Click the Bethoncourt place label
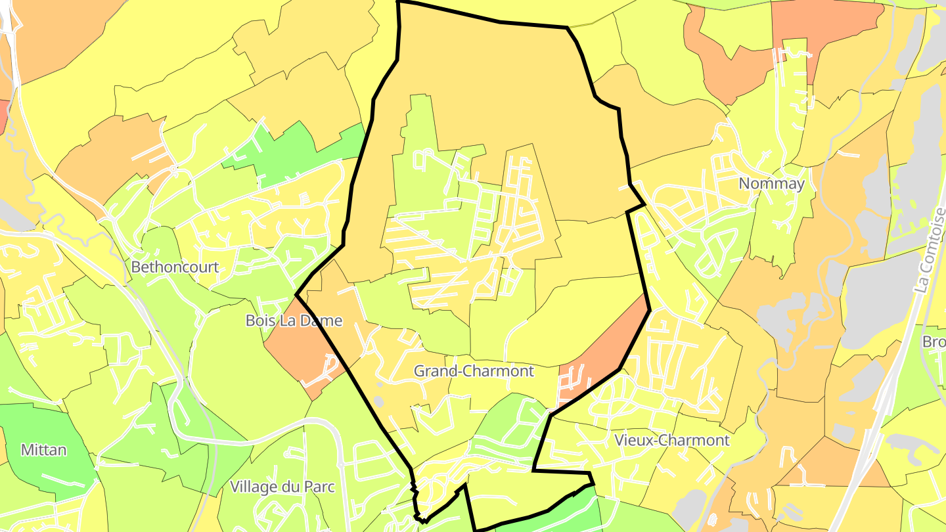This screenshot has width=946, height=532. pos(175,267)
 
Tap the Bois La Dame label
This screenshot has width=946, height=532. pos(294,321)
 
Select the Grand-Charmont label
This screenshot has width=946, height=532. pos(474,371)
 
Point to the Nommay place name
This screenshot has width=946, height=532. pos(771,184)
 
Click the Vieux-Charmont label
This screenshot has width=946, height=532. pos(671,440)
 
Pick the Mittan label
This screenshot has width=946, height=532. pos(43,450)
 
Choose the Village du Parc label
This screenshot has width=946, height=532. pos(282,487)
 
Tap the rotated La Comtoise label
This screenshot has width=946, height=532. pos(932,250)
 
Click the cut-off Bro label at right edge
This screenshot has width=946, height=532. pos(934,342)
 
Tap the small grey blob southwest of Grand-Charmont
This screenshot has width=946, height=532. pos(378,401)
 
